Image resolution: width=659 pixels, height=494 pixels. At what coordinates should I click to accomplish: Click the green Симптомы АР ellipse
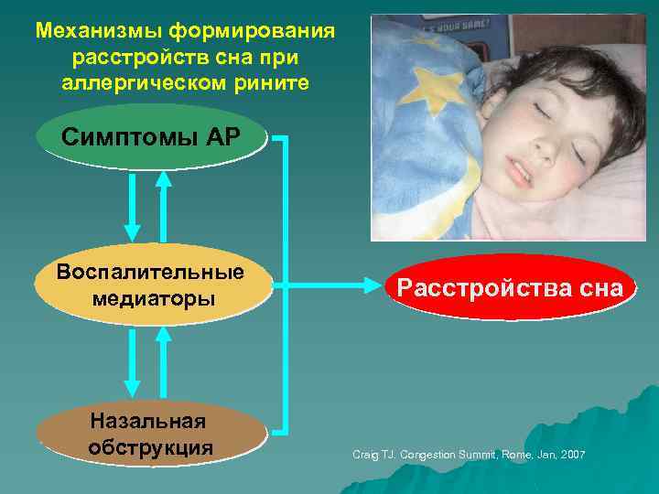pyautogui.click(x=151, y=138)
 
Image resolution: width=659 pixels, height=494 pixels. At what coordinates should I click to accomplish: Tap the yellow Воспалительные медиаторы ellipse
pyautogui.click(x=151, y=285)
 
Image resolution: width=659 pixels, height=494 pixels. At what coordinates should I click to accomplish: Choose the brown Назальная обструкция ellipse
pyautogui.click(x=151, y=435)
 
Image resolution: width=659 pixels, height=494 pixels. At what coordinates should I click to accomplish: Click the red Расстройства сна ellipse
pyautogui.click(x=510, y=288)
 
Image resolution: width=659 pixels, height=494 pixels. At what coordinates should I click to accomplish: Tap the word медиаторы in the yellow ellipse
pyautogui.click(x=154, y=298)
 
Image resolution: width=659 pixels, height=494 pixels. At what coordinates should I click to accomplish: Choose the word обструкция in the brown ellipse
pyautogui.click(x=151, y=448)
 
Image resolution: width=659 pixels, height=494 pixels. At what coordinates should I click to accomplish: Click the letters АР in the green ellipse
pyautogui.click(x=221, y=138)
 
